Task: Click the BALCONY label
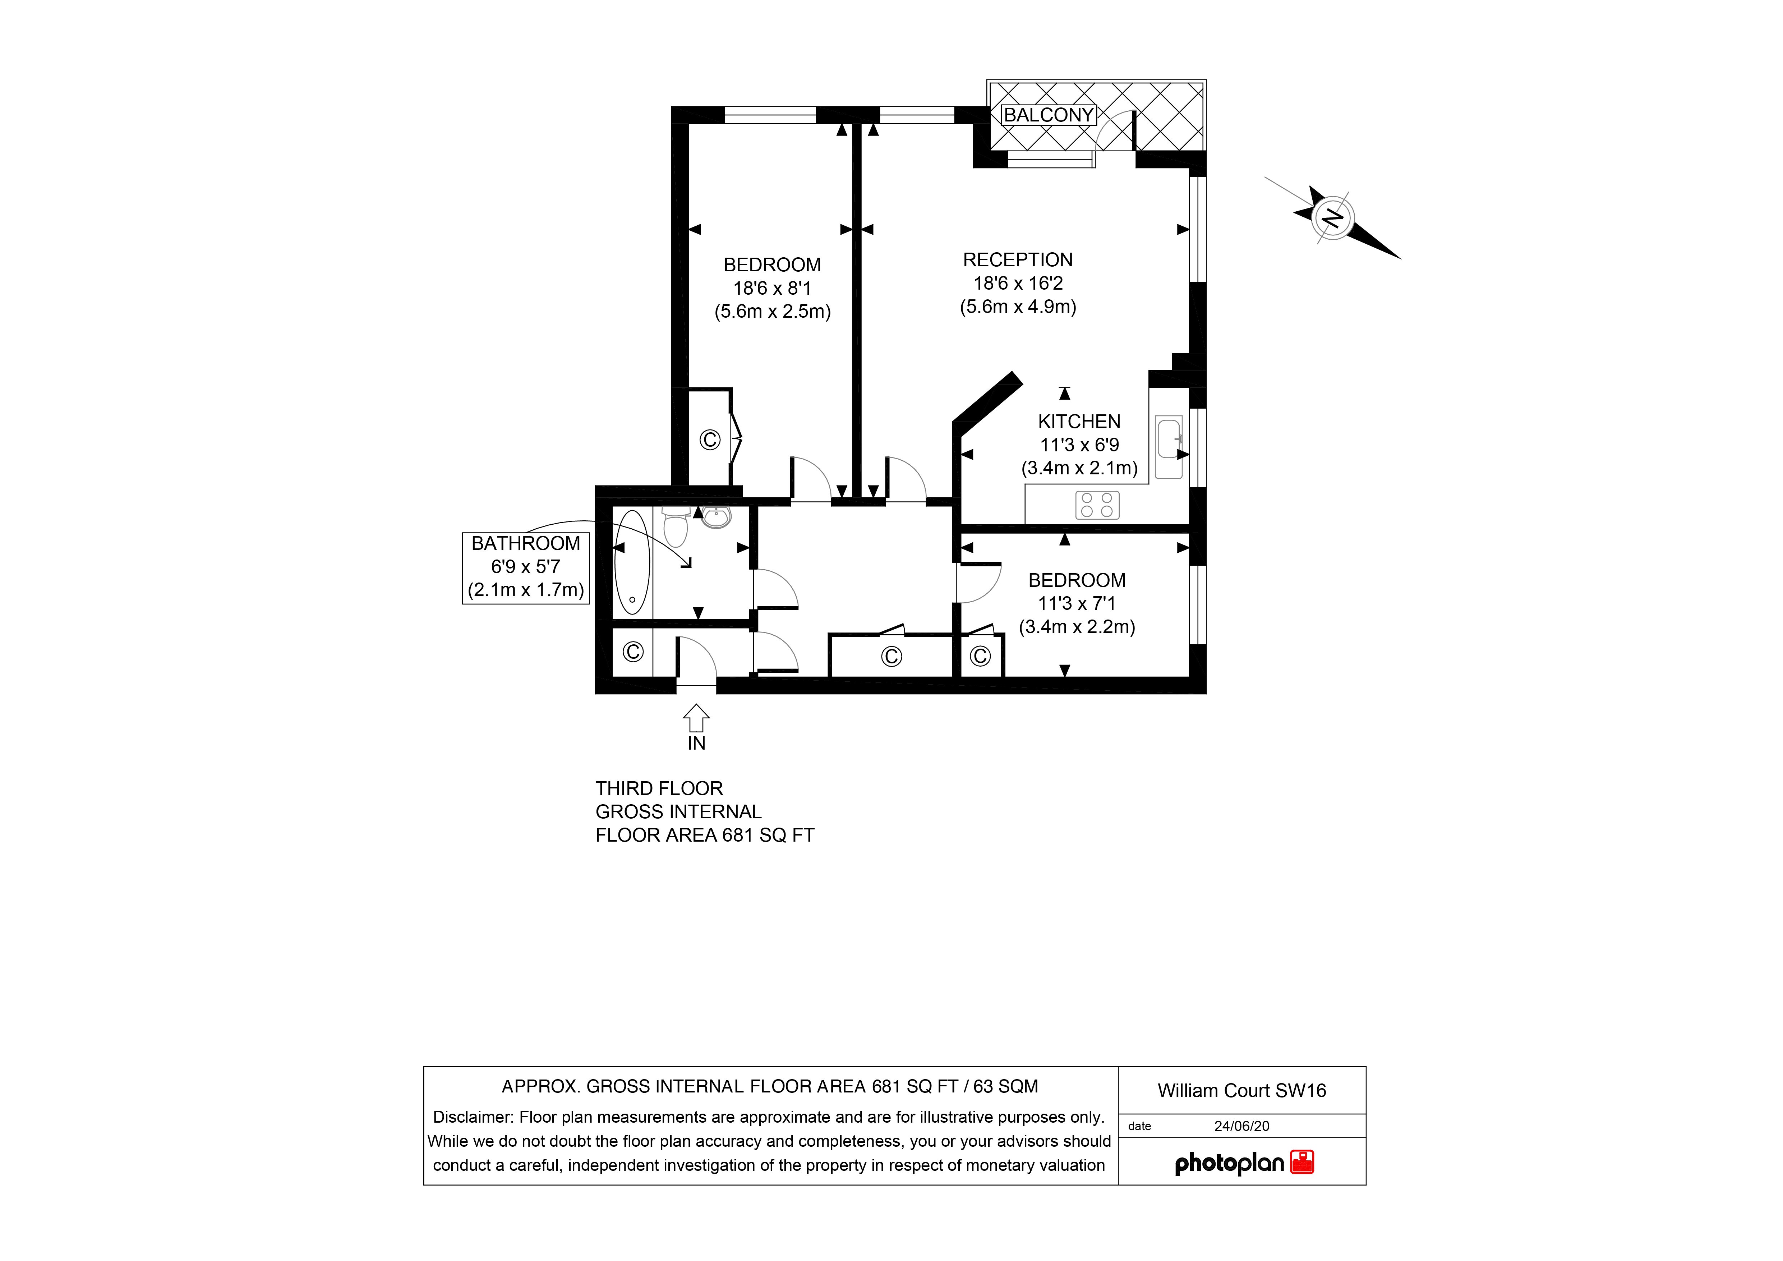point(1049,115)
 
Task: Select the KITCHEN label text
point(1079,422)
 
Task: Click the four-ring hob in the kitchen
point(1097,505)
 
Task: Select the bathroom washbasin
point(716,517)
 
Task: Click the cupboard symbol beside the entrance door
point(633,652)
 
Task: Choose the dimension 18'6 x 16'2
point(1017,284)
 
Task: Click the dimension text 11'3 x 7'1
point(1076,603)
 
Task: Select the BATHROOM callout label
point(526,543)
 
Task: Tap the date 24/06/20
point(1241,1126)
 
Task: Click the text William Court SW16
point(1241,1091)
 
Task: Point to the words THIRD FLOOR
point(659,789)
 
